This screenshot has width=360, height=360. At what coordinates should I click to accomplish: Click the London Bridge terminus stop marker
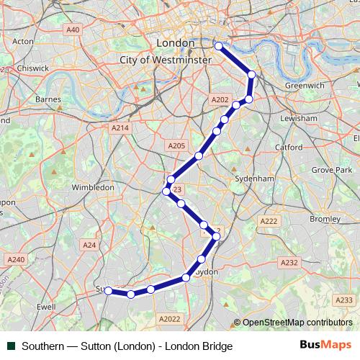pos(219,46)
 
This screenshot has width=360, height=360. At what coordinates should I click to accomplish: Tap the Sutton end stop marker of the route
pos(108,291)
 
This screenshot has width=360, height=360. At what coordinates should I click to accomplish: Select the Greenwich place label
pos(305,85)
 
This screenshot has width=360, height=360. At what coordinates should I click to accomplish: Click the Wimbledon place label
pos(93,187)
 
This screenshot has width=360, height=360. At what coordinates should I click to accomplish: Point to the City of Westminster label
pos(166,60)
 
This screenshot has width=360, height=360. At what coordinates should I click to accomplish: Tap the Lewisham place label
pos(299,118)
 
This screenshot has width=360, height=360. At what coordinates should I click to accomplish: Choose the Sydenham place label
pos(255,178)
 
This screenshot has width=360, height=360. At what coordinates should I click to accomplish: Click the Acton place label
pos(23,41)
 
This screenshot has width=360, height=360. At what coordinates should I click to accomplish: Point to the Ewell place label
pos(45,306)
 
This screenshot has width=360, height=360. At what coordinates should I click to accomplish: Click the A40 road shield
pos(73,30)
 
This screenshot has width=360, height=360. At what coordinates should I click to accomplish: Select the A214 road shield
pos(120,127)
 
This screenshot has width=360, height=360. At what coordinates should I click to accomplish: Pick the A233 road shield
pos(344,300)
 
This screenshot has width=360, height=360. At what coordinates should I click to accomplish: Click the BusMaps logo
pos(325,346)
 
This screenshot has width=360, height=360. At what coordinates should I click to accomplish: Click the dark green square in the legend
pos(11,346)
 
